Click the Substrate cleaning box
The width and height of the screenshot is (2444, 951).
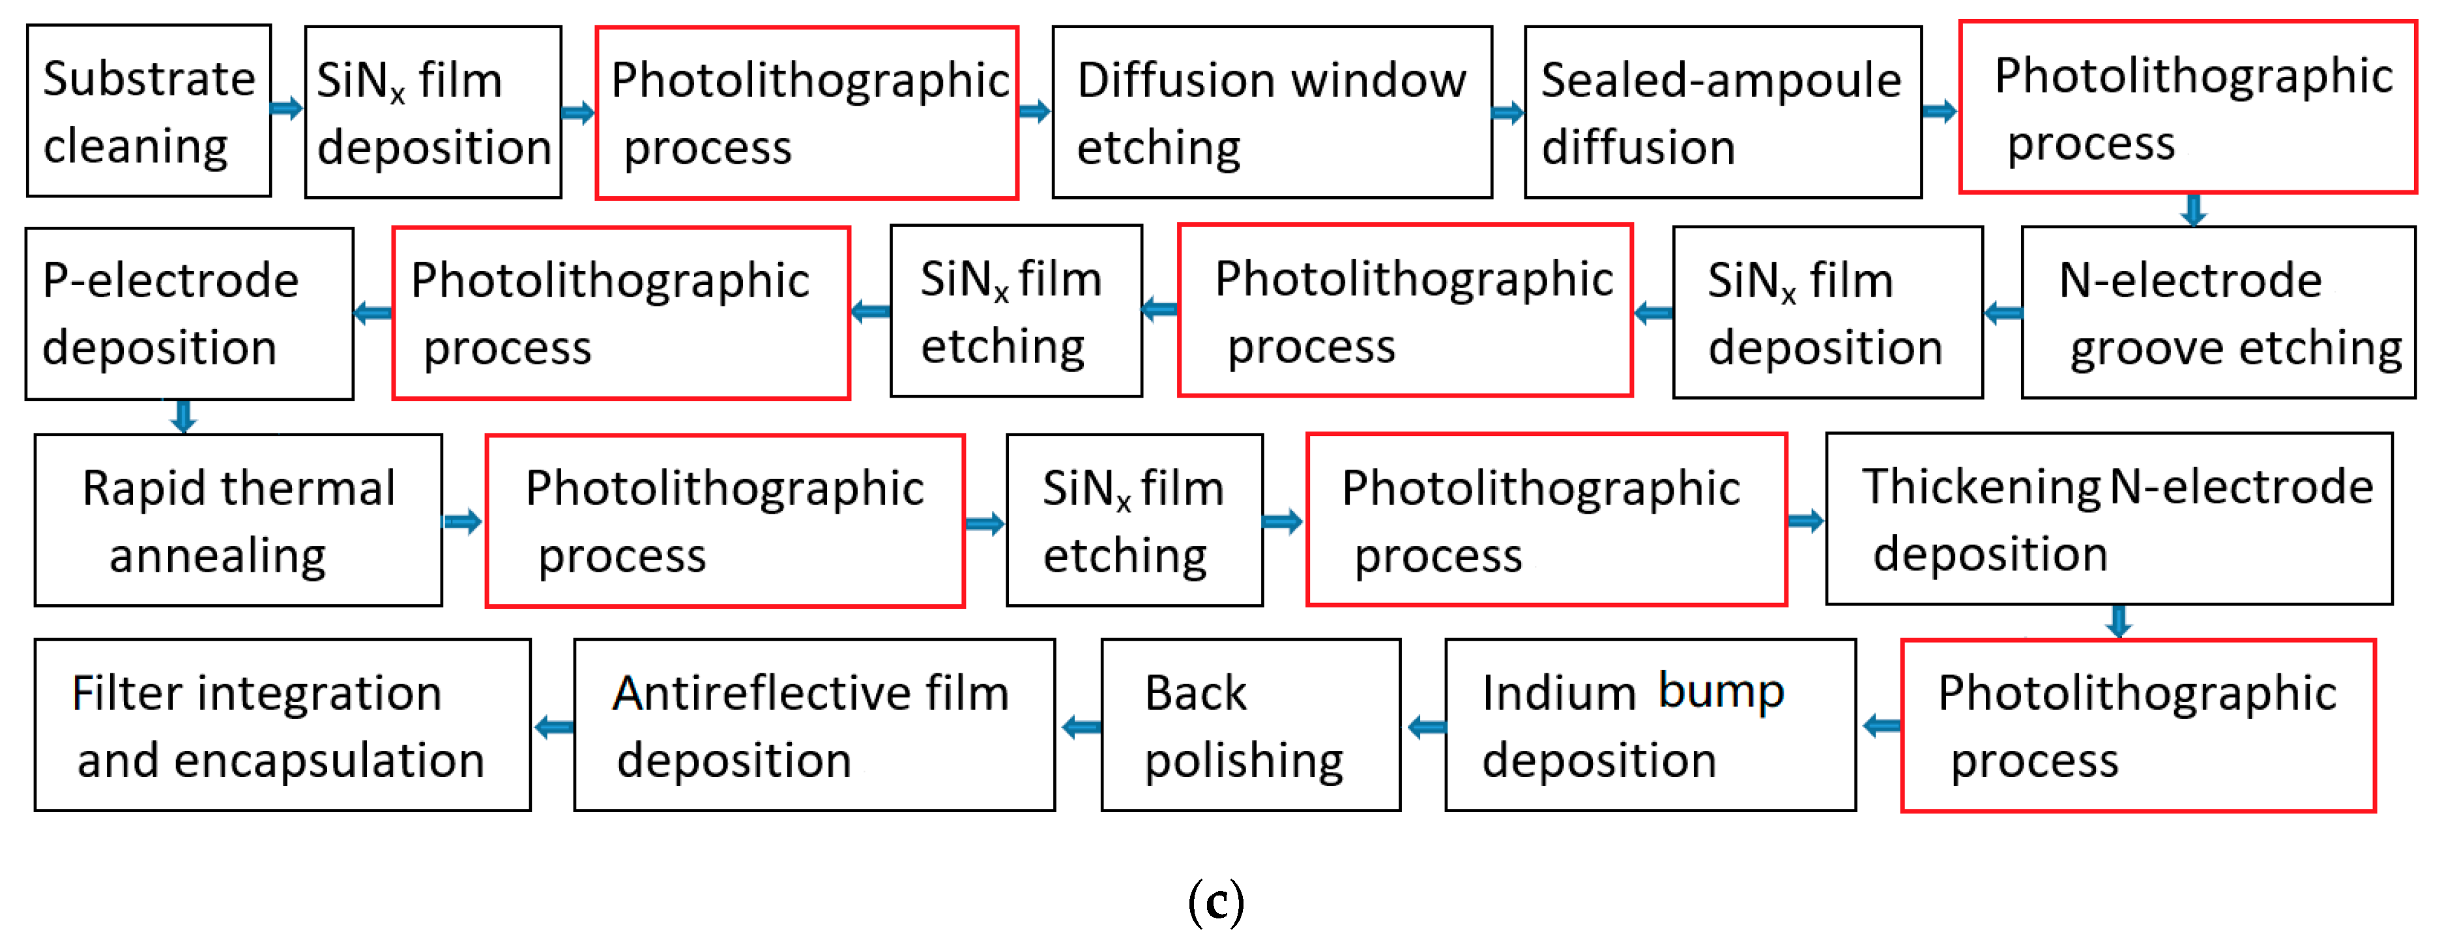tap(149, 111)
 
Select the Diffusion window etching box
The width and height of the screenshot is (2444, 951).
tap(1272, 112)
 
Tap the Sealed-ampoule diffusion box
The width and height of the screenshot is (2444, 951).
tap(1722, 112)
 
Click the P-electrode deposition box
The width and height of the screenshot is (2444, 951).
tap(190, 314)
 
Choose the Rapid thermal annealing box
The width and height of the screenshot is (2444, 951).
tap(238, 520)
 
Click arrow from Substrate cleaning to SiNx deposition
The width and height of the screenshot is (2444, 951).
tap(287, 108)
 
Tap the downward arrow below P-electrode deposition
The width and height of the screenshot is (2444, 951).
tap(183, 416)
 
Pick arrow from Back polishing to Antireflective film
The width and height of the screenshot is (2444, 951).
tap(1081, 728)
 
